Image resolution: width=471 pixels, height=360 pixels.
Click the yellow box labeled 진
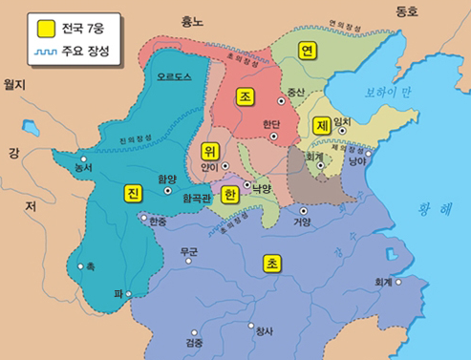pyautogui.click(x=133, y=193)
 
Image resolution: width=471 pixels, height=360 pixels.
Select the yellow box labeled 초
pyautogui.click(x=272, y=263)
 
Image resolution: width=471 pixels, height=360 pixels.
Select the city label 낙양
pyautogui.click(x=263, y=189)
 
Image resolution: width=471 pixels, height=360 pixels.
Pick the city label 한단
pyautogui.click(x=270, y=123)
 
